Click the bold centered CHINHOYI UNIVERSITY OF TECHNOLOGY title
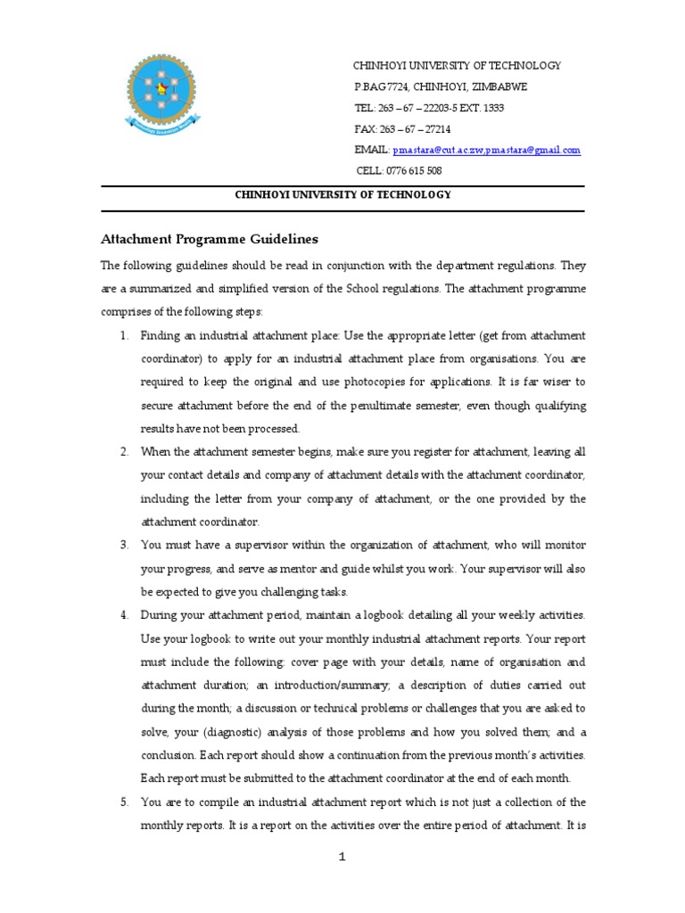tap(342, 195)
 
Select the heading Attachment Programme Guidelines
tap(208, 239)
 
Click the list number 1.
tap(125, 335)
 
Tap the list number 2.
tap(125, 452)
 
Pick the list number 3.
tap(125, 545)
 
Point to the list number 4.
tap(125, 615)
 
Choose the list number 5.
tap(125, 802)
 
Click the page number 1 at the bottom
tap(342, 858)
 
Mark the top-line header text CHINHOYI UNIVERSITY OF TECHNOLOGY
tap(458, 65)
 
